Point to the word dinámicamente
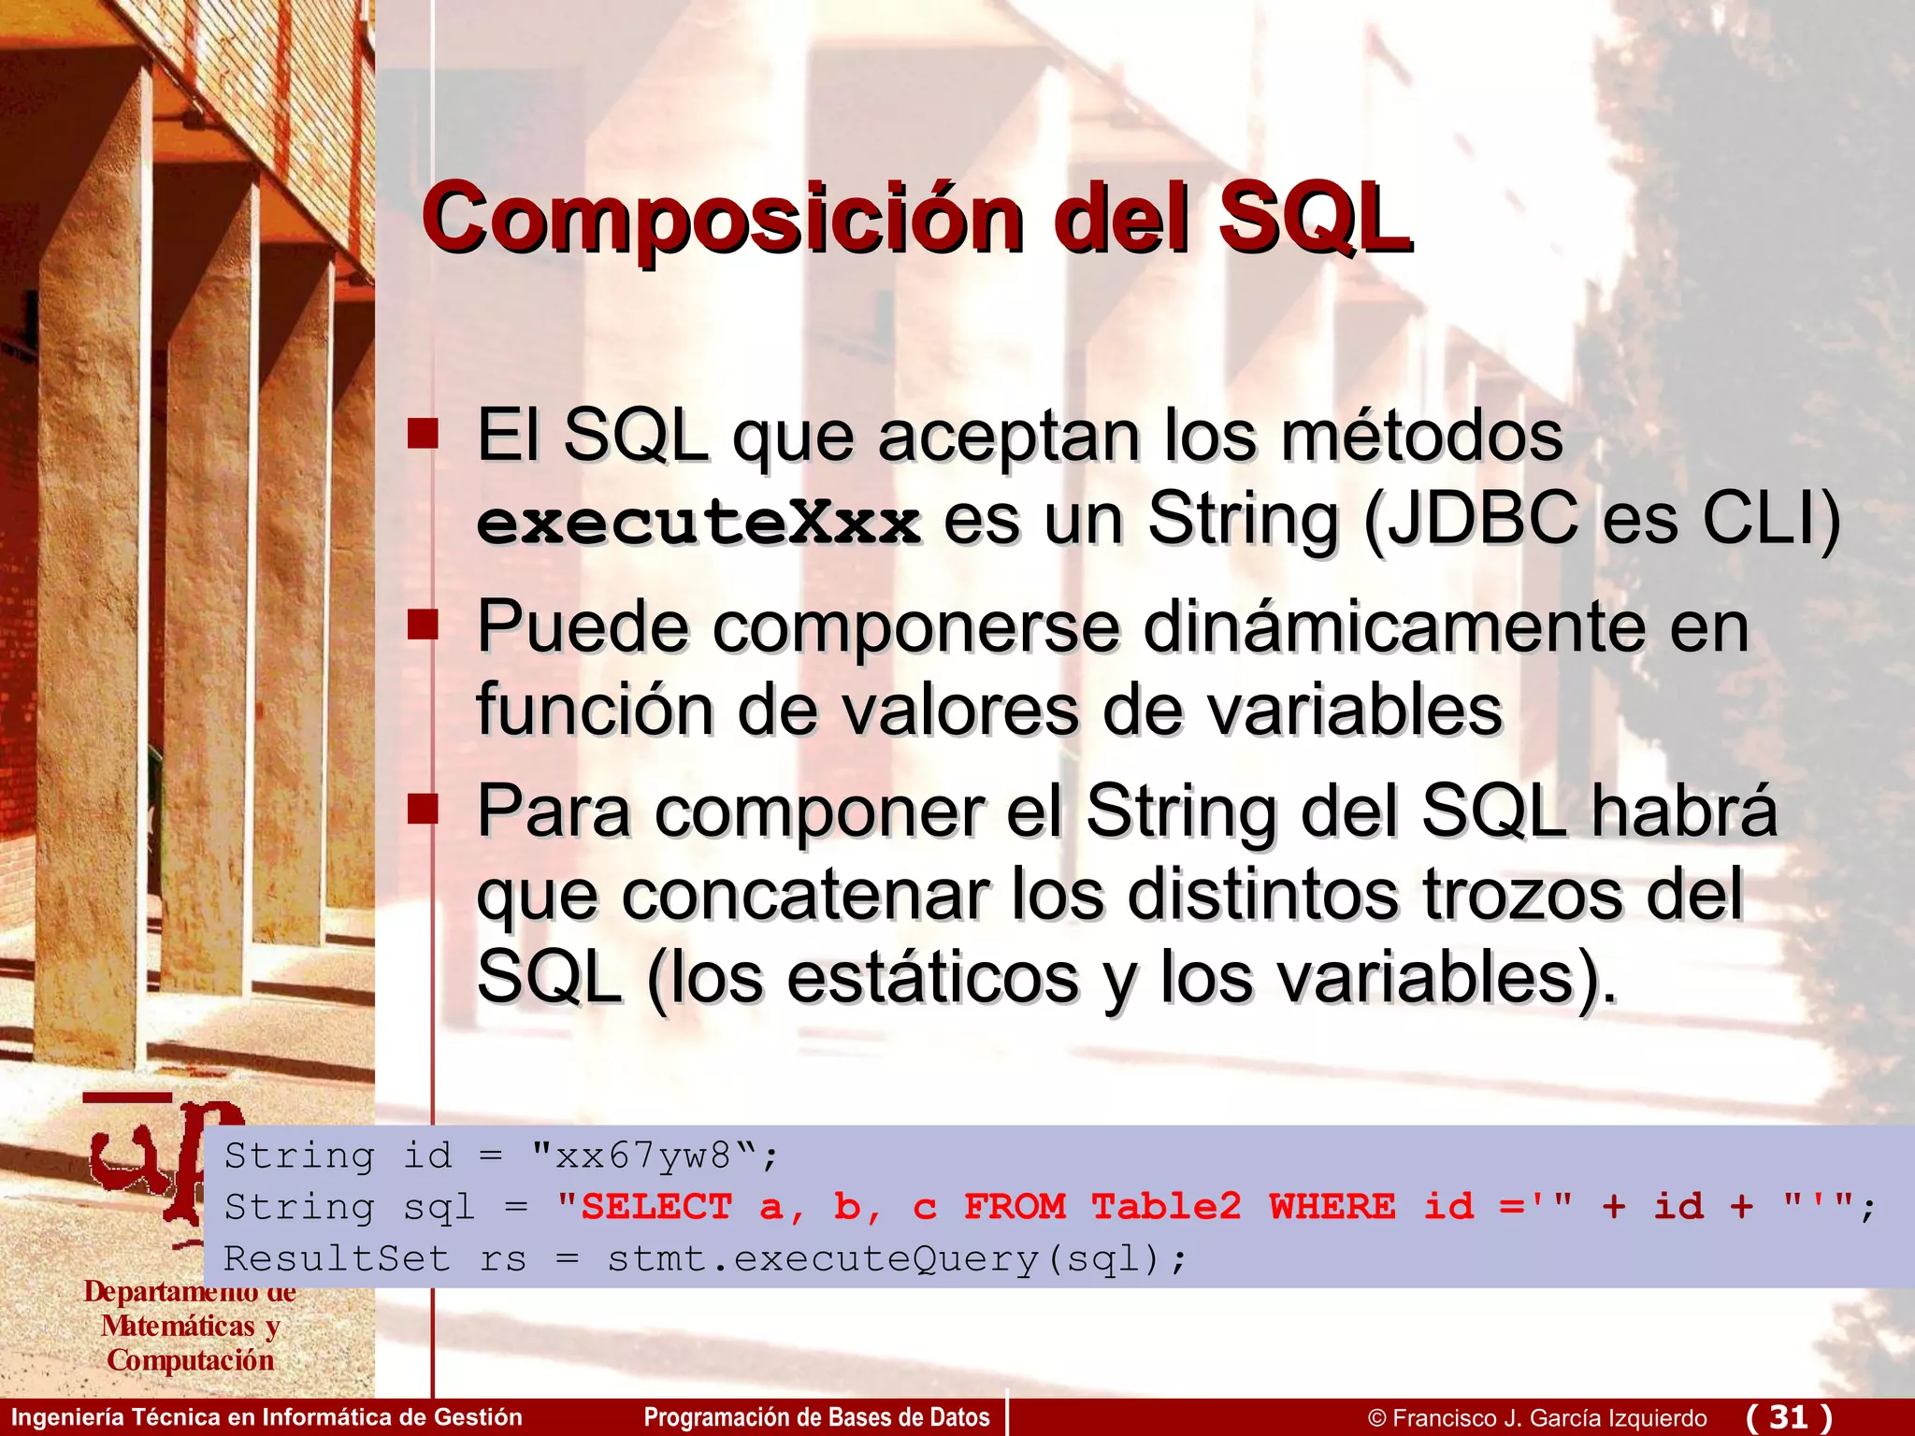[x=1393, y=627]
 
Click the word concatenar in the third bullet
[x=804, y=896]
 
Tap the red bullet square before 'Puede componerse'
[x=423, y=624]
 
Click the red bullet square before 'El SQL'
[x=423, y=434]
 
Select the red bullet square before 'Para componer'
[x=423, y=809]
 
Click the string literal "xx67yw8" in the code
[x=643, y=1156]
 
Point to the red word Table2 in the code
[x=1166, y=1207]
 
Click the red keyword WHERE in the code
[x=1332, y=1207]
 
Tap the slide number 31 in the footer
[x=1789, y=1416]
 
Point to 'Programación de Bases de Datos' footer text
[x=816, y=1417]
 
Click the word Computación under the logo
[x=191, y=1361]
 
